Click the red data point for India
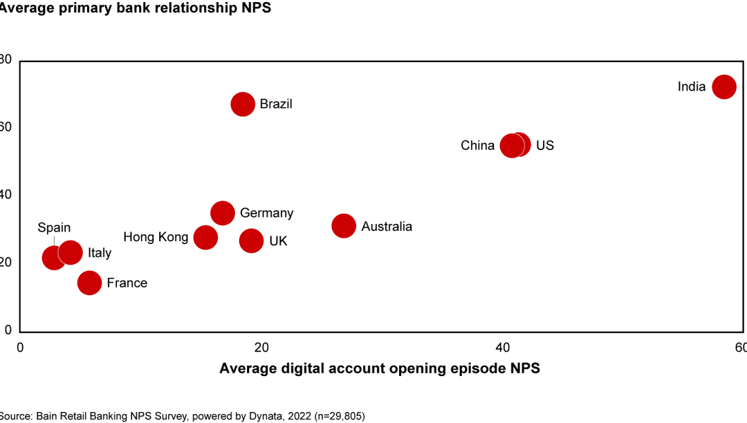coord(723,87)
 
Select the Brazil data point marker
coord(243,104)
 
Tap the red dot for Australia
coord(344,226)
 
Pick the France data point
coord(89,283)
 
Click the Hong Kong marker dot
coord(205,237)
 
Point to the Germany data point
coord(223,213)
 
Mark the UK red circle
coord(251,241)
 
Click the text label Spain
coord(54,228)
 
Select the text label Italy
coord(100,253)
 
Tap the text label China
coord(477,146)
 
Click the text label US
coord(545,146)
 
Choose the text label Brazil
coord(276,104)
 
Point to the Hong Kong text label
coord(156,237)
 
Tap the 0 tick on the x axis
coord(20,346)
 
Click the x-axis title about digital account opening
coord(379,368)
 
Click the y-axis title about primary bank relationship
coord(135,8)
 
